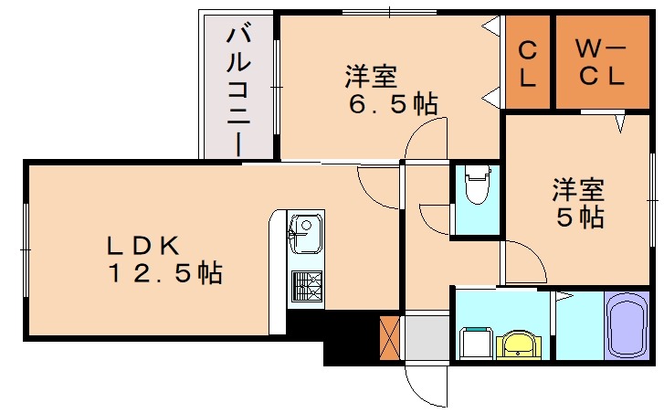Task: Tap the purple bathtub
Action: [626, 325]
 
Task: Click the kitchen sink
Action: [305, 234]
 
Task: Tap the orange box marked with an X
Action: [391, 335]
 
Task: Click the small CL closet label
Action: [527, 63]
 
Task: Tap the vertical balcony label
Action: [238, 89]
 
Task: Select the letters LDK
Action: [147, 244]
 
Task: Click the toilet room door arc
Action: [435, 219]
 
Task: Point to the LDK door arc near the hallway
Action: [376, 187]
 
